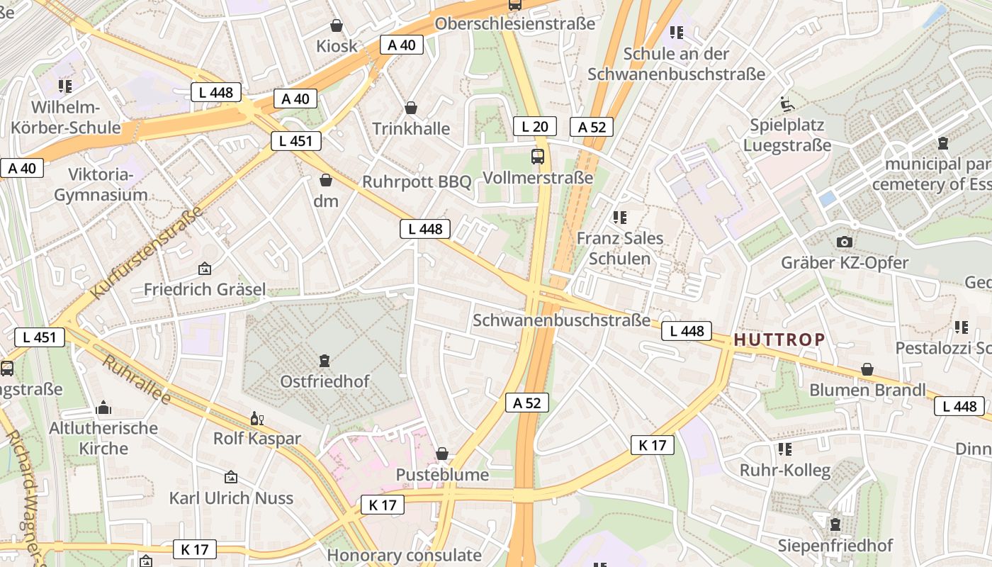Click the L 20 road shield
pos(534,127)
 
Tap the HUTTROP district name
pos(779,339)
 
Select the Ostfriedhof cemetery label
pos(325,381)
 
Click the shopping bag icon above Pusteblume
pos(442,454)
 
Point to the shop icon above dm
pos(326,180)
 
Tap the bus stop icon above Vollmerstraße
pos(538,157)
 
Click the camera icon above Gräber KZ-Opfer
pos(844,242)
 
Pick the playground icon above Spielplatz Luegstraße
pos(787,104)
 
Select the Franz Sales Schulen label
pos(620,248)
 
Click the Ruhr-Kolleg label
pos(784,471)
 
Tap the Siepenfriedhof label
pos(835,546)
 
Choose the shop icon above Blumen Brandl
pos(867,369)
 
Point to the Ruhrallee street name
pos(137,380)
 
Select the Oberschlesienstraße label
pos(514,24)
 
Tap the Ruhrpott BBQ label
pos(417,181)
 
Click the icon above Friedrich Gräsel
pos(205,269)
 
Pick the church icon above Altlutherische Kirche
pos(103,408)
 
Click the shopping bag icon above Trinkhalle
pos(411,108)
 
